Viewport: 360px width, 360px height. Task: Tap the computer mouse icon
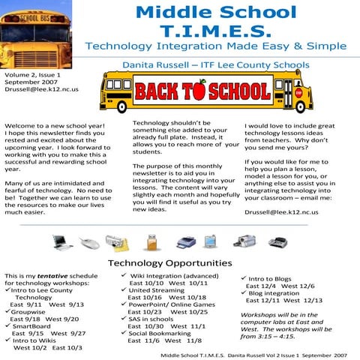pyautogui.click(x=88, y=242)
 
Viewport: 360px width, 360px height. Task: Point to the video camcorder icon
pyautogui.click(x=245, y=241)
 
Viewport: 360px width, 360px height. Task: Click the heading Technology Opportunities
pyautogui.click(x=170, y=263)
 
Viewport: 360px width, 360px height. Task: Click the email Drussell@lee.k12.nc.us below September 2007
pyautogui.click(x=41, y=88)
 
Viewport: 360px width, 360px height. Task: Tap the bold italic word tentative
pyautogui.click(x=57, y=277)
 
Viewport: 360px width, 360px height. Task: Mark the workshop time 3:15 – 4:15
pyautogui.click(x=283, y=336)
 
